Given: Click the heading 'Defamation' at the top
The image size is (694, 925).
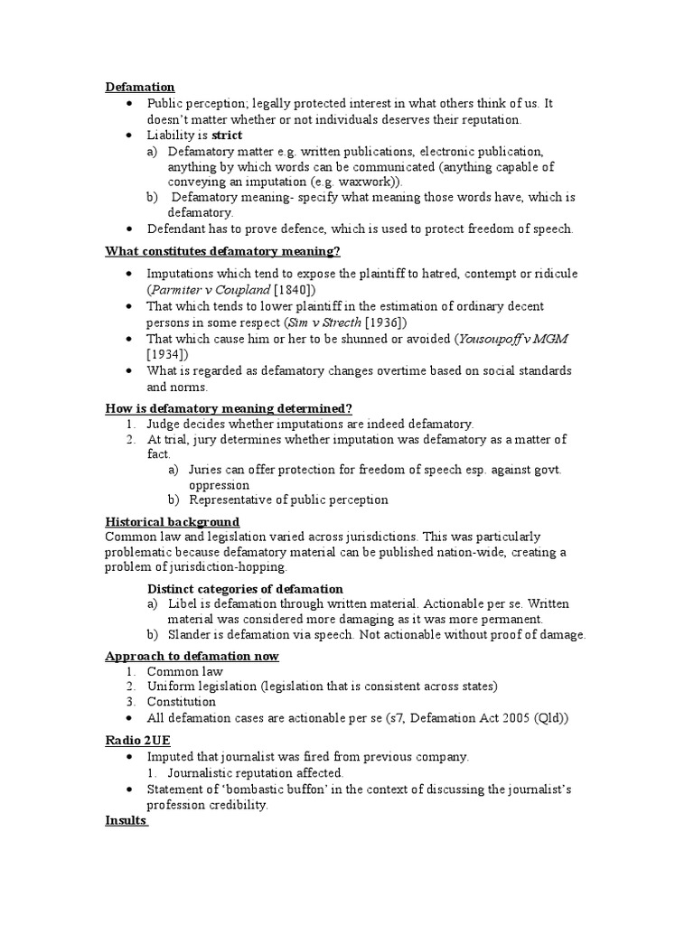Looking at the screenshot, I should click(140, 87).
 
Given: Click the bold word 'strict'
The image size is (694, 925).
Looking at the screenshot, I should click(228, 135).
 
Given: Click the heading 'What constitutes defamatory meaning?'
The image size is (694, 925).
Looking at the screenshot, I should click(223, 250).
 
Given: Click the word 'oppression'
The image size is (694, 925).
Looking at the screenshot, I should click(220, 485).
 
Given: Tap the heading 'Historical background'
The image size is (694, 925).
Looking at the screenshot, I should click(173, 522).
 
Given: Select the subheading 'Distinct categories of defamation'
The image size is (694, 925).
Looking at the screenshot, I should click(245, 589).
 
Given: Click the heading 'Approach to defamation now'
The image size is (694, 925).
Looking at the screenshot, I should click(192, 656).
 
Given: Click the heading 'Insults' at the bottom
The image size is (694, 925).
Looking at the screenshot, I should click(127, 820).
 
